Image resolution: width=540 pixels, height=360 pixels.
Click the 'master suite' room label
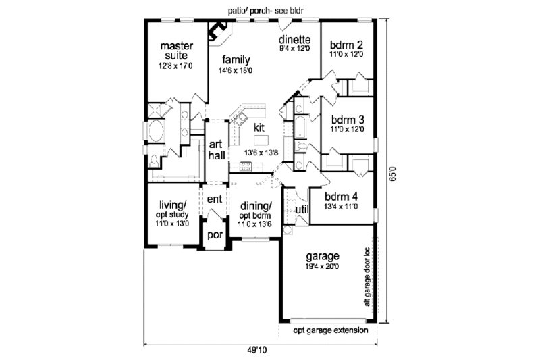click(173, 51)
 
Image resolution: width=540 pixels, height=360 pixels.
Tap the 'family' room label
click(234, 60)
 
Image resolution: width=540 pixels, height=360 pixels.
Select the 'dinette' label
click(294, 39)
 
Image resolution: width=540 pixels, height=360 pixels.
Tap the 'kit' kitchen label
click(259, 127)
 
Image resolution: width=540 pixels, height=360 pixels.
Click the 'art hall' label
click(216, 150)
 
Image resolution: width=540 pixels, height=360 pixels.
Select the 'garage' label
click(321, 257)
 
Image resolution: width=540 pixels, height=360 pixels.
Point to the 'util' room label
click(302, 209)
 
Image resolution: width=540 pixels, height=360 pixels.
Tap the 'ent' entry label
click(215, 199)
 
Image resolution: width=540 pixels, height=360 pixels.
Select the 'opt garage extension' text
click(330, 331)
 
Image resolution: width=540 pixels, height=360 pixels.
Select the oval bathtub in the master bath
click(155, 131)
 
